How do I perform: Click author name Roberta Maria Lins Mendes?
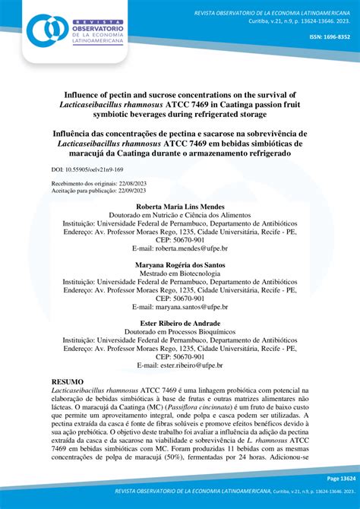tap(179, 207)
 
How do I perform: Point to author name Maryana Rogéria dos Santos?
tap(179, 265)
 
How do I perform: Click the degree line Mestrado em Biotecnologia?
tap(179, 273)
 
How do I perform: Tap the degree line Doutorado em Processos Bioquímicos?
tap(179, 332)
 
